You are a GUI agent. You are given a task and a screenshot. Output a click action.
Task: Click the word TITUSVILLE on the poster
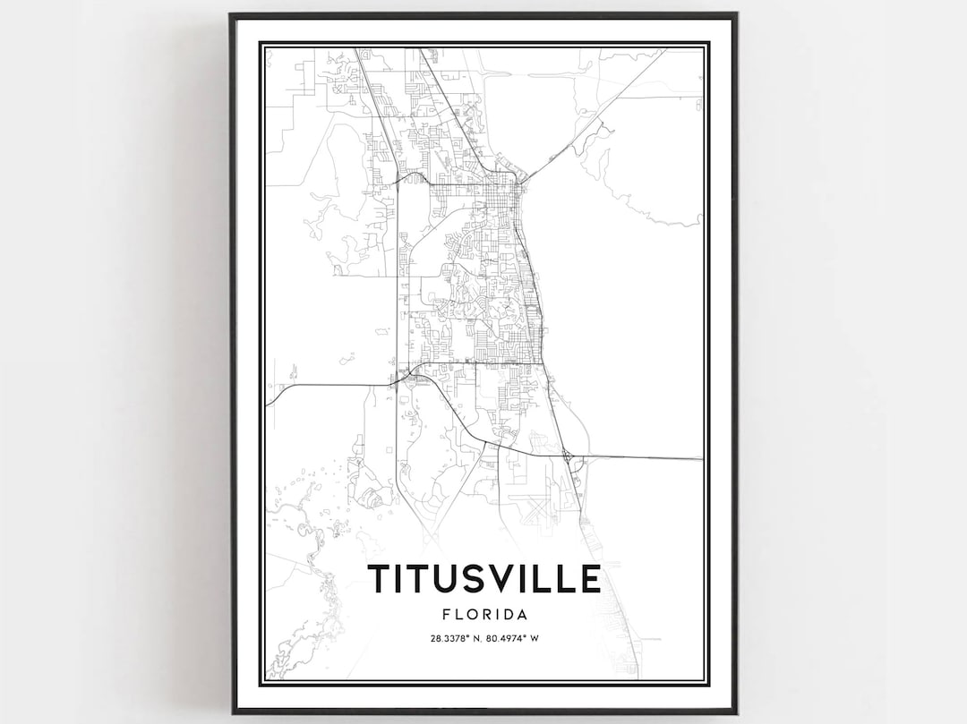coord(483,579)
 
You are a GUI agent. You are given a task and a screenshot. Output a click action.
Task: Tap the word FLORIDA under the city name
coord(483,615)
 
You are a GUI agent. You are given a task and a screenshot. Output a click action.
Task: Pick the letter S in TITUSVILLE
coord(471,579)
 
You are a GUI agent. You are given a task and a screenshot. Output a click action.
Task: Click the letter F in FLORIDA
coord(446,615)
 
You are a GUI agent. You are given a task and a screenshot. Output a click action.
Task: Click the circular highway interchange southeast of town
coord(569,457)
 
